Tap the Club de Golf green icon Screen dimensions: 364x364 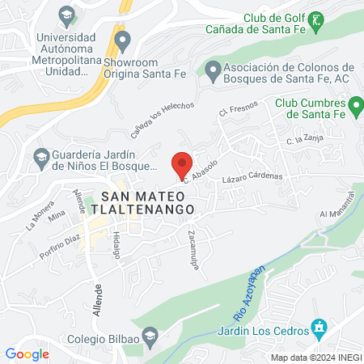pyautogui.click(x=317, y=19)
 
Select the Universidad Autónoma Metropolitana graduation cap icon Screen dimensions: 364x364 pyautogui.click(x=65, y=14)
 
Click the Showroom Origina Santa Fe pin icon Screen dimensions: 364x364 pyautogui.click(x=123, y=39)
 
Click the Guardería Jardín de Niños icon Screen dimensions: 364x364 pyautogui.click(x=40, y=156)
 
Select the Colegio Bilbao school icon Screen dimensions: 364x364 pyautogui.click(x=150, y=336)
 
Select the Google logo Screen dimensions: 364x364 pyautogui.click(x=27, y=353)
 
